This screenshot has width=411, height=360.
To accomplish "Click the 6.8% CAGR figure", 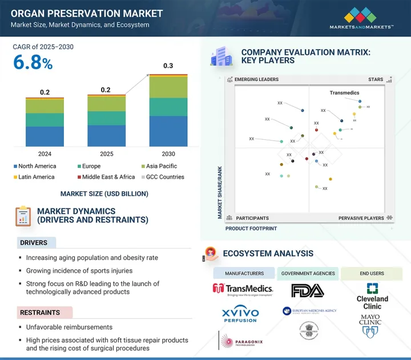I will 33,63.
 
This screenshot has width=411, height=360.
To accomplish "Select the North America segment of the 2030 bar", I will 168,131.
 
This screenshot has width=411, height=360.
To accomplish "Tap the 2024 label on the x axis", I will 45,154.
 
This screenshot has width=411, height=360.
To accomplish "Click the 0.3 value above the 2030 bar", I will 168,66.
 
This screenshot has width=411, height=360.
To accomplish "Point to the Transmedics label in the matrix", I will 344,92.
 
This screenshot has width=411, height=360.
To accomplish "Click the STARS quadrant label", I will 376,79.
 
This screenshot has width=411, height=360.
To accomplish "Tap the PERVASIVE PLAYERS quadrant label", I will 361,218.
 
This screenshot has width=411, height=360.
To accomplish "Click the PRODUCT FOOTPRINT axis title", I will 251,228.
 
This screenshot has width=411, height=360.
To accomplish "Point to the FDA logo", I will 308,290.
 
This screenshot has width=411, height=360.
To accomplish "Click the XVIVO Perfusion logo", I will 240,314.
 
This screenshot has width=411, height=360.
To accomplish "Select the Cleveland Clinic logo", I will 372,296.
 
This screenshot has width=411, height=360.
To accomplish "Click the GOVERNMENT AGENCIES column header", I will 308,273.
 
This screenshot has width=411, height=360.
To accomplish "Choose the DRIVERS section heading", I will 34,243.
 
